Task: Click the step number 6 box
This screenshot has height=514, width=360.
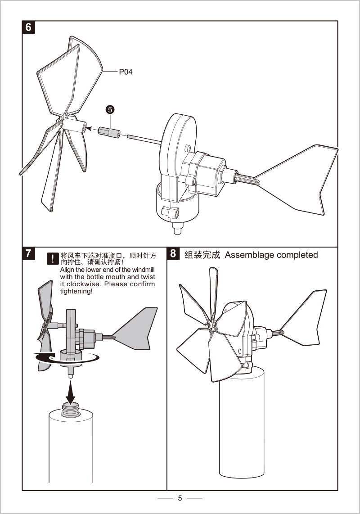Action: click(29, 27)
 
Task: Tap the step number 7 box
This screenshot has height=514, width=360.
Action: click(29, 253)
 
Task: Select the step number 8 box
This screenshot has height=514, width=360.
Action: click(173, 253)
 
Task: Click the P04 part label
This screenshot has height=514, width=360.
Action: click(126, 72)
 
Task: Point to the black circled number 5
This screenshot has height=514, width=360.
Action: click(110, 109)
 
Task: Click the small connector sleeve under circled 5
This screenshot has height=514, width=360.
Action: click(108, 132)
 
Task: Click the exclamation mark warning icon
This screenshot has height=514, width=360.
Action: click(53, 258)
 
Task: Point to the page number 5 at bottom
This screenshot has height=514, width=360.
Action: click(180, 498)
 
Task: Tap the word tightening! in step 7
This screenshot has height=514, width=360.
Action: click(76, 292)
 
